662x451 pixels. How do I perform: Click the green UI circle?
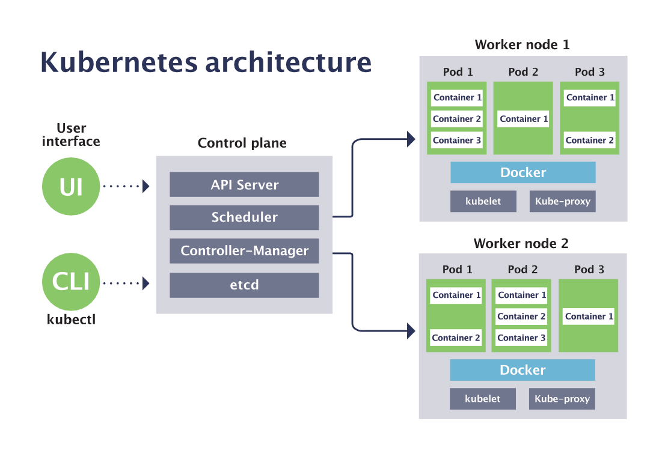coord(70,187)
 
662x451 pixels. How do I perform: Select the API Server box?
coord(244,184)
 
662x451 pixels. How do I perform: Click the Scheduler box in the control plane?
coord(244,217)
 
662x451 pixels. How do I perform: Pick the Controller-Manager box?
coord(244,251)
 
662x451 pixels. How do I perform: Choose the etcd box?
coord(244,285)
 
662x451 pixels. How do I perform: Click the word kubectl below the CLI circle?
coord(71,319)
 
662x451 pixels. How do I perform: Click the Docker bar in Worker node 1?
coord(523,172)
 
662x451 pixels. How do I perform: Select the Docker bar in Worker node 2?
coord(522,370)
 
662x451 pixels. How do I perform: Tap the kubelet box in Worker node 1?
coord(483,201)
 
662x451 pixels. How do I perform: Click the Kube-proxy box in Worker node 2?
coord(562,399)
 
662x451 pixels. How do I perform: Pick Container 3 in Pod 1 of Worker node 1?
coord(457,140)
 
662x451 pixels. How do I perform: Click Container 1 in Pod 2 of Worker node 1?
coord(524,119)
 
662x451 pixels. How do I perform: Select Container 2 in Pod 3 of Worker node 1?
coord(590,140)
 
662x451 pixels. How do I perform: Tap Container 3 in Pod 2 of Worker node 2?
coord(521,337)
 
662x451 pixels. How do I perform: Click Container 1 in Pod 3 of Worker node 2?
coord(589,316)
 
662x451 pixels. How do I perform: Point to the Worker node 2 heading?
coord(521,243)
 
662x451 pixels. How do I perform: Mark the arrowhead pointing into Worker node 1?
coord(411,139)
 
